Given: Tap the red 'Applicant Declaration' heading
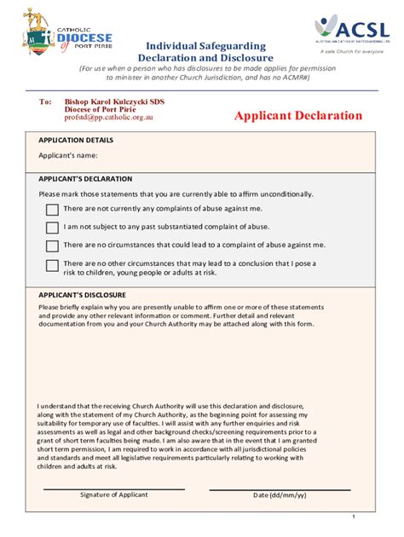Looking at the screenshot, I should pyautogui.click(x=298, y=116).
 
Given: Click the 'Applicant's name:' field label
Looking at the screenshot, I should pyautogui.click(x=68, y=155).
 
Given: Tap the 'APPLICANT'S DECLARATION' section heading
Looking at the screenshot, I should pyautogui.click(x=85, y=179).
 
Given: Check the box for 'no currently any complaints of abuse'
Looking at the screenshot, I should pyautogui.click(x=52, y=209).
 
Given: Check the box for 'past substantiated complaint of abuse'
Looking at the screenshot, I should pyautogui.click(x=52, y=227).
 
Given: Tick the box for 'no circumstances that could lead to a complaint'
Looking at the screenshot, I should pyautogui.click(x=52, y=245).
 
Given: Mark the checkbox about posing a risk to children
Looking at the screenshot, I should pyautogui.click(x=52, y=265).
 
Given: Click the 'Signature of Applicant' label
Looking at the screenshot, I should pyautogui.click(x=114, y=495).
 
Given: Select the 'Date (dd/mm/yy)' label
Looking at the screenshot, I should pyautogui.click(x=280, y=495).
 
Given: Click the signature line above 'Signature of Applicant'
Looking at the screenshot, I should pyautogui.click(x=114, y=488).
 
